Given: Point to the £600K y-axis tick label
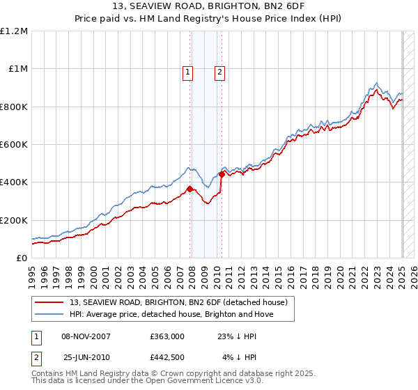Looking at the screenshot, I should tap(14, 145).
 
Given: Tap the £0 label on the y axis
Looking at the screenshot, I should tap(21, 258).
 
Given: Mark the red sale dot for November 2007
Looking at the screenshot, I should tap(189, 189).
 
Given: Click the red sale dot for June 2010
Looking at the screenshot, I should tap(222, 174).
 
